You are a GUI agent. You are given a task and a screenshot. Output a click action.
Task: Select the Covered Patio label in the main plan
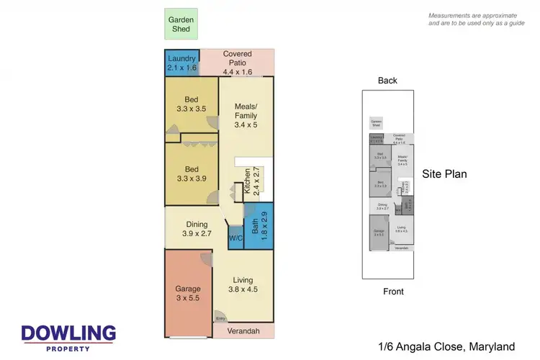(x=237, y=63)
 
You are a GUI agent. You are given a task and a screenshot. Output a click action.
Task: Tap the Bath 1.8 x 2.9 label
(x=259, y=225)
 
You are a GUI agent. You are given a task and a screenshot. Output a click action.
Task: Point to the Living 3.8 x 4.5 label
(x=243, y=284)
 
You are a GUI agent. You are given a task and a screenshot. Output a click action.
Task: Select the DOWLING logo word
(x=68, y=333)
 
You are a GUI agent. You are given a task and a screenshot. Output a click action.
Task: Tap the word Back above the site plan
(x=387, y=81)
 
